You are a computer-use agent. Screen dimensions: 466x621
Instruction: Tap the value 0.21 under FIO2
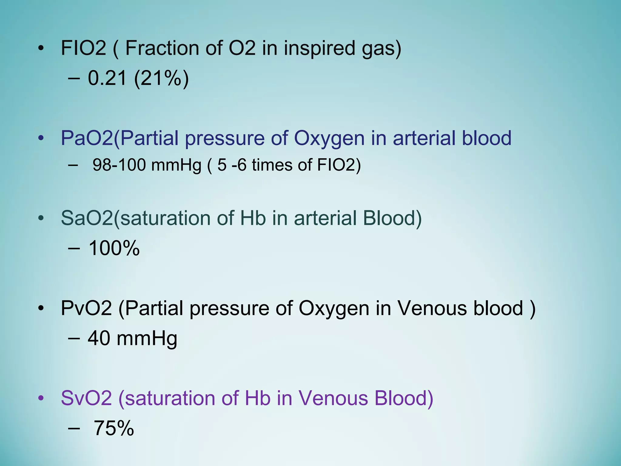107,78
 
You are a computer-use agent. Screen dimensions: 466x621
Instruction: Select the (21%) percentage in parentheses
161,78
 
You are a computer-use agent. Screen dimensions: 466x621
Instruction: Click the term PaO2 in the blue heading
87,138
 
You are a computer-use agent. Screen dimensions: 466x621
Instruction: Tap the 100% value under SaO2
114,248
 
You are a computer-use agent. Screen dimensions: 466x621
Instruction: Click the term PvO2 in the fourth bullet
86,308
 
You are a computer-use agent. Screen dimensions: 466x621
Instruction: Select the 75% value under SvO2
114,428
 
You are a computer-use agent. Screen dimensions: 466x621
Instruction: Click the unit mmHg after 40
147,339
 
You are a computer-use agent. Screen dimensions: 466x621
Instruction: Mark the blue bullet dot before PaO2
41,138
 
